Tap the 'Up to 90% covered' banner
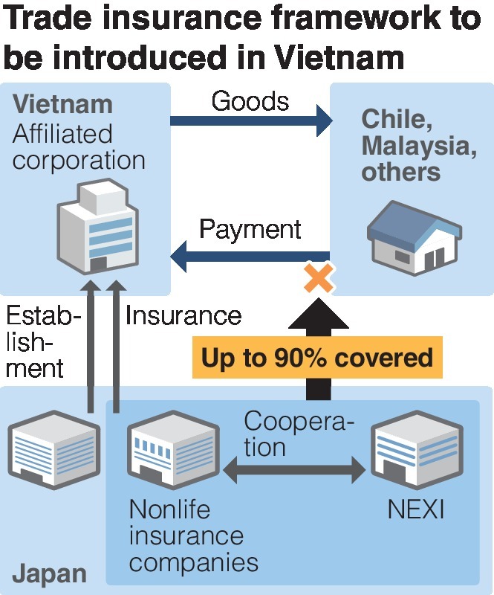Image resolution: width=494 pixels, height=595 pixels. (317, 358)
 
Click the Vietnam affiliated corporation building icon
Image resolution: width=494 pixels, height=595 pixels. (97, 226)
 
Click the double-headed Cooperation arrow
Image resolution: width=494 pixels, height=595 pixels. (295, 469)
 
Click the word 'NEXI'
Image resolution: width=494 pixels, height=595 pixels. (415, 511)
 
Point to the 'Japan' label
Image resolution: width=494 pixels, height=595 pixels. (49, 574)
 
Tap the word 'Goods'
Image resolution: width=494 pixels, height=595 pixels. (250, 100)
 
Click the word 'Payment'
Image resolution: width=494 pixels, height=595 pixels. (250, 229)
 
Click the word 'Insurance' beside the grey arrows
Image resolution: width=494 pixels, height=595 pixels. (183, 315)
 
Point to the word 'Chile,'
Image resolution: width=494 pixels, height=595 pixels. (394, 119)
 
